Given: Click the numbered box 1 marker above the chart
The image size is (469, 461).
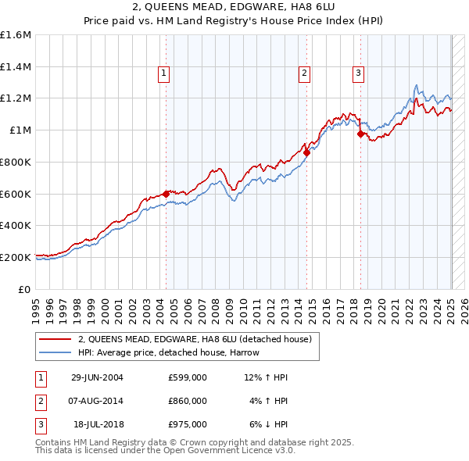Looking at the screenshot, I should pos(165,73).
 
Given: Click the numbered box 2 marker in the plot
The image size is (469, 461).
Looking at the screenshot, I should pos(304,73).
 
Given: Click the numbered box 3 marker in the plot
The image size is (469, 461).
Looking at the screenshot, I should pos(358,73).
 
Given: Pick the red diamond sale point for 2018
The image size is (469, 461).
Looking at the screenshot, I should pos(360,134).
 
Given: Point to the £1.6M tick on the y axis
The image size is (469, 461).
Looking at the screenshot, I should pos(16,35).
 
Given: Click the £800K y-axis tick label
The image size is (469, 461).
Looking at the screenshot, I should pos(16,162).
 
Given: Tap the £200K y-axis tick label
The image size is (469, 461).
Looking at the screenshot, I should pos(16,256).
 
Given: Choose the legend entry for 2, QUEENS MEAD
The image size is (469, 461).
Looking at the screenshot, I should pos(195,339).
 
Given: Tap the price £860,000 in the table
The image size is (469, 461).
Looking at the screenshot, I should pos(188,401).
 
